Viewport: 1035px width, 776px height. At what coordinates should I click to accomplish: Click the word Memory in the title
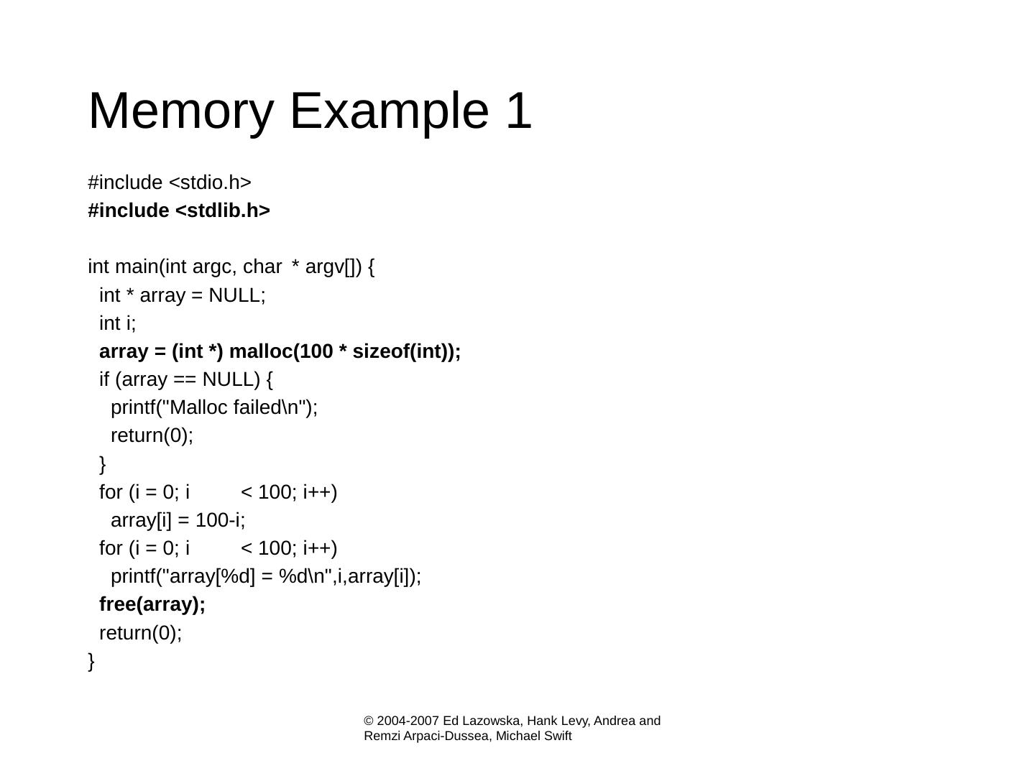click(x=180, y=111)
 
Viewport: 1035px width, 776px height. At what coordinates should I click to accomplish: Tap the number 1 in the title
click(x=518, y=111)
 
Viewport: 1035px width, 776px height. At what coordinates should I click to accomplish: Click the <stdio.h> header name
click(x=210, y=183)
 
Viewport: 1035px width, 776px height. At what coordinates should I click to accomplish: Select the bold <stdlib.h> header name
click(x=223, y=211)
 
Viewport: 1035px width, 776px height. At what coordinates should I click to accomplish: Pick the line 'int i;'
click(x=117, y=323)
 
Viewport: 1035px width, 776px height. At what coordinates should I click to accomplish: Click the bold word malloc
click(x=260, y=351)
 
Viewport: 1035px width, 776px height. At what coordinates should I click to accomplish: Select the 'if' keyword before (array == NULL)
click(x=105, y=379)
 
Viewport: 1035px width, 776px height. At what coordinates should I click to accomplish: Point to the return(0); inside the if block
click(x=152, y=435)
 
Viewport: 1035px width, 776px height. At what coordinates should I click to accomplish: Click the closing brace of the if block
click(x=103, y=464)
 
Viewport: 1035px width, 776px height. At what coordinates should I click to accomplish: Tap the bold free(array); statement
click(x=152, y=604)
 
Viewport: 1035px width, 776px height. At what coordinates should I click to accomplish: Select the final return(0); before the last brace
click(x=140, y=633)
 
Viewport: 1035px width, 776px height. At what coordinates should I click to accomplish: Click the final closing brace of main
click(x=91, y=661)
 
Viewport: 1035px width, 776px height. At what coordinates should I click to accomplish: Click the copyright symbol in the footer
click(x=369, y=721)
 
